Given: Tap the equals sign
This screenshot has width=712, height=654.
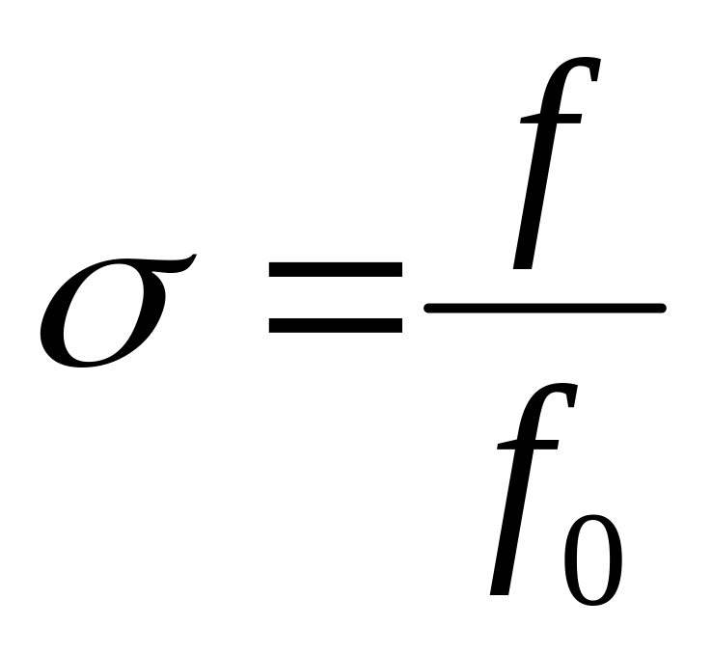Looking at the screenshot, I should [335, 296].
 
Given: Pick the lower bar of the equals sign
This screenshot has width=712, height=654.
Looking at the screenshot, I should [335, 325].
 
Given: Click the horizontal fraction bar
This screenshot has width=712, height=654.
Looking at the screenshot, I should [545, 309].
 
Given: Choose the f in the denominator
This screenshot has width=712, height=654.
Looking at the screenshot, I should [526, 492].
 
